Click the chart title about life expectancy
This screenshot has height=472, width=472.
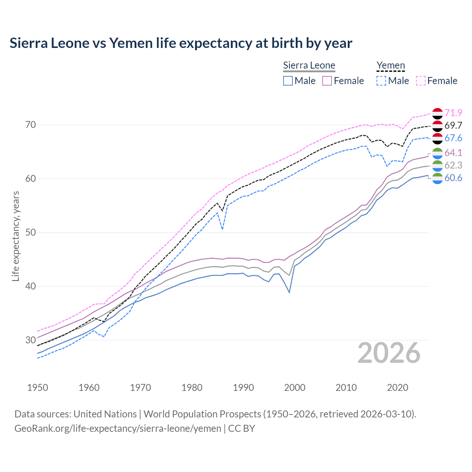click(x=181, y=43)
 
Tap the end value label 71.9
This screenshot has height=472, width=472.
click(x=453, y=113)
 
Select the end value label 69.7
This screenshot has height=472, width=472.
click(x=453, y=125)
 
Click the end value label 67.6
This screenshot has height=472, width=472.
click(x=453, y=138)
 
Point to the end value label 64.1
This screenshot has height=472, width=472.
click(x=453, y=153)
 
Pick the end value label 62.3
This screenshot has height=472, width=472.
click(x=453, y=165)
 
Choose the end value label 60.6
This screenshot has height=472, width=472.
click(x=453, y=178)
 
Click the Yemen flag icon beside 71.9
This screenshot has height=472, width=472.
click(x=437, y=113)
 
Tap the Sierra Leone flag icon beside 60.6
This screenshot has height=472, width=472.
click(x=437, y=178)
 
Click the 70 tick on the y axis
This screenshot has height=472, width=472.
click(x=31, y=125)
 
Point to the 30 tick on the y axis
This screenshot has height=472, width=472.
click(x=31, y=340)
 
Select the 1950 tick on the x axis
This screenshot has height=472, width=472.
click(x=38, y=388)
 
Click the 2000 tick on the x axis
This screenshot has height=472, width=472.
click(x=295, y=388)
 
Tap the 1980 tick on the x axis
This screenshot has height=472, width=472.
click(x=192, y=388)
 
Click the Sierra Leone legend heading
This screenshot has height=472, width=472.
click(x=309, y=66)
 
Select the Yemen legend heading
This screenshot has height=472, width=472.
click(x=391, y=66)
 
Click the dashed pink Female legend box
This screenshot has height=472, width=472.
click(x=421, y=81)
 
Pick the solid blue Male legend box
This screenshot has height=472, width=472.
click(x=288, y=81)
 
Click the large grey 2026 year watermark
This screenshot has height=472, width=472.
click(x=389, y=353)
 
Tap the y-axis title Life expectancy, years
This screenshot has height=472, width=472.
click(x=15, y=236)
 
